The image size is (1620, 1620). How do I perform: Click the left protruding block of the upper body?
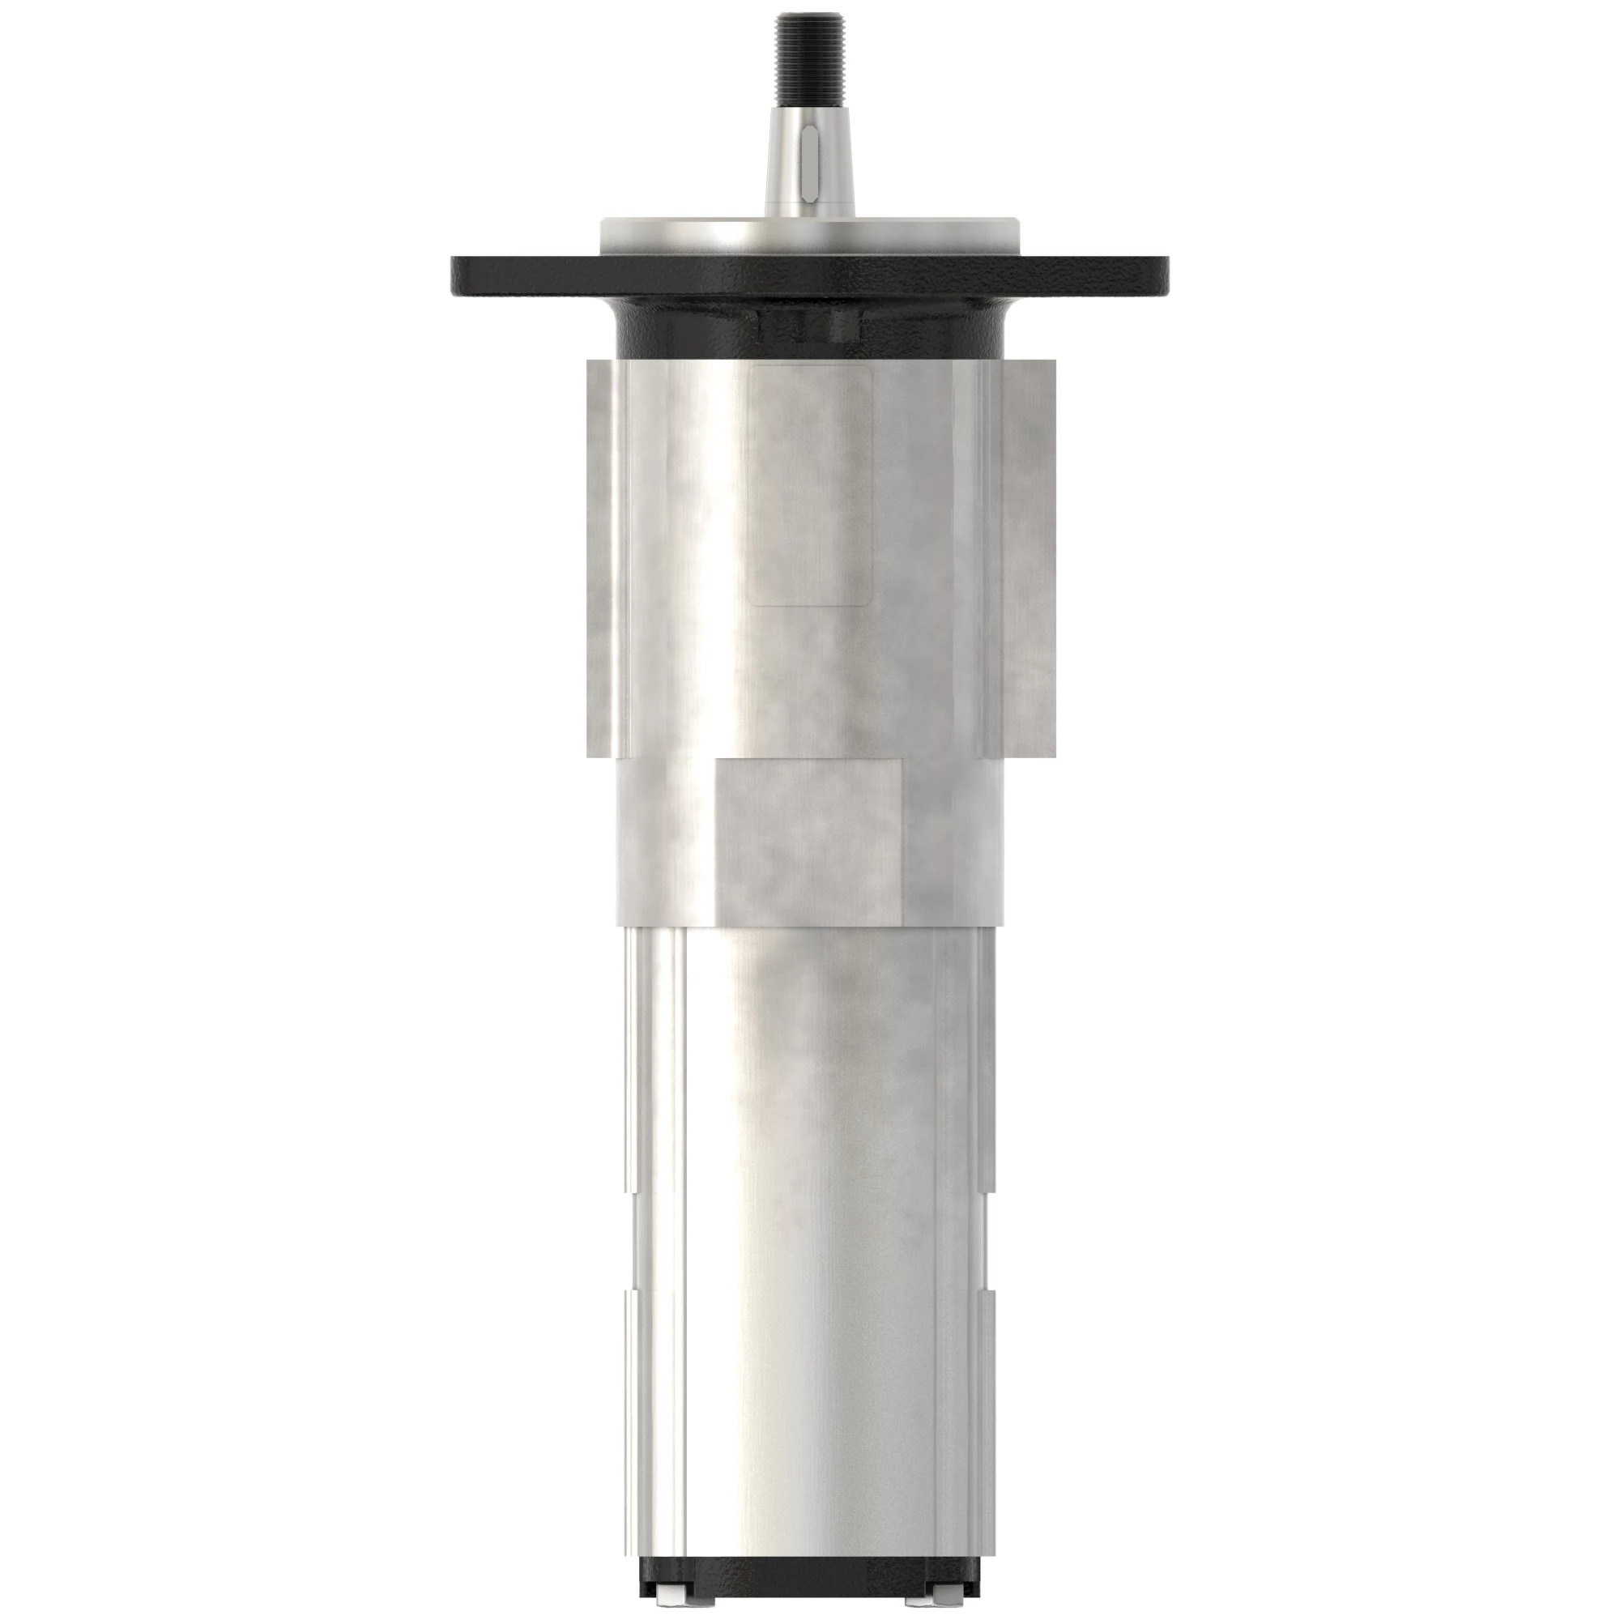[602, 557]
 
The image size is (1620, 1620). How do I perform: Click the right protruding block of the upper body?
[1020, 557]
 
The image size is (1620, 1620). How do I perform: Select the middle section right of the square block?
[953, 838]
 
